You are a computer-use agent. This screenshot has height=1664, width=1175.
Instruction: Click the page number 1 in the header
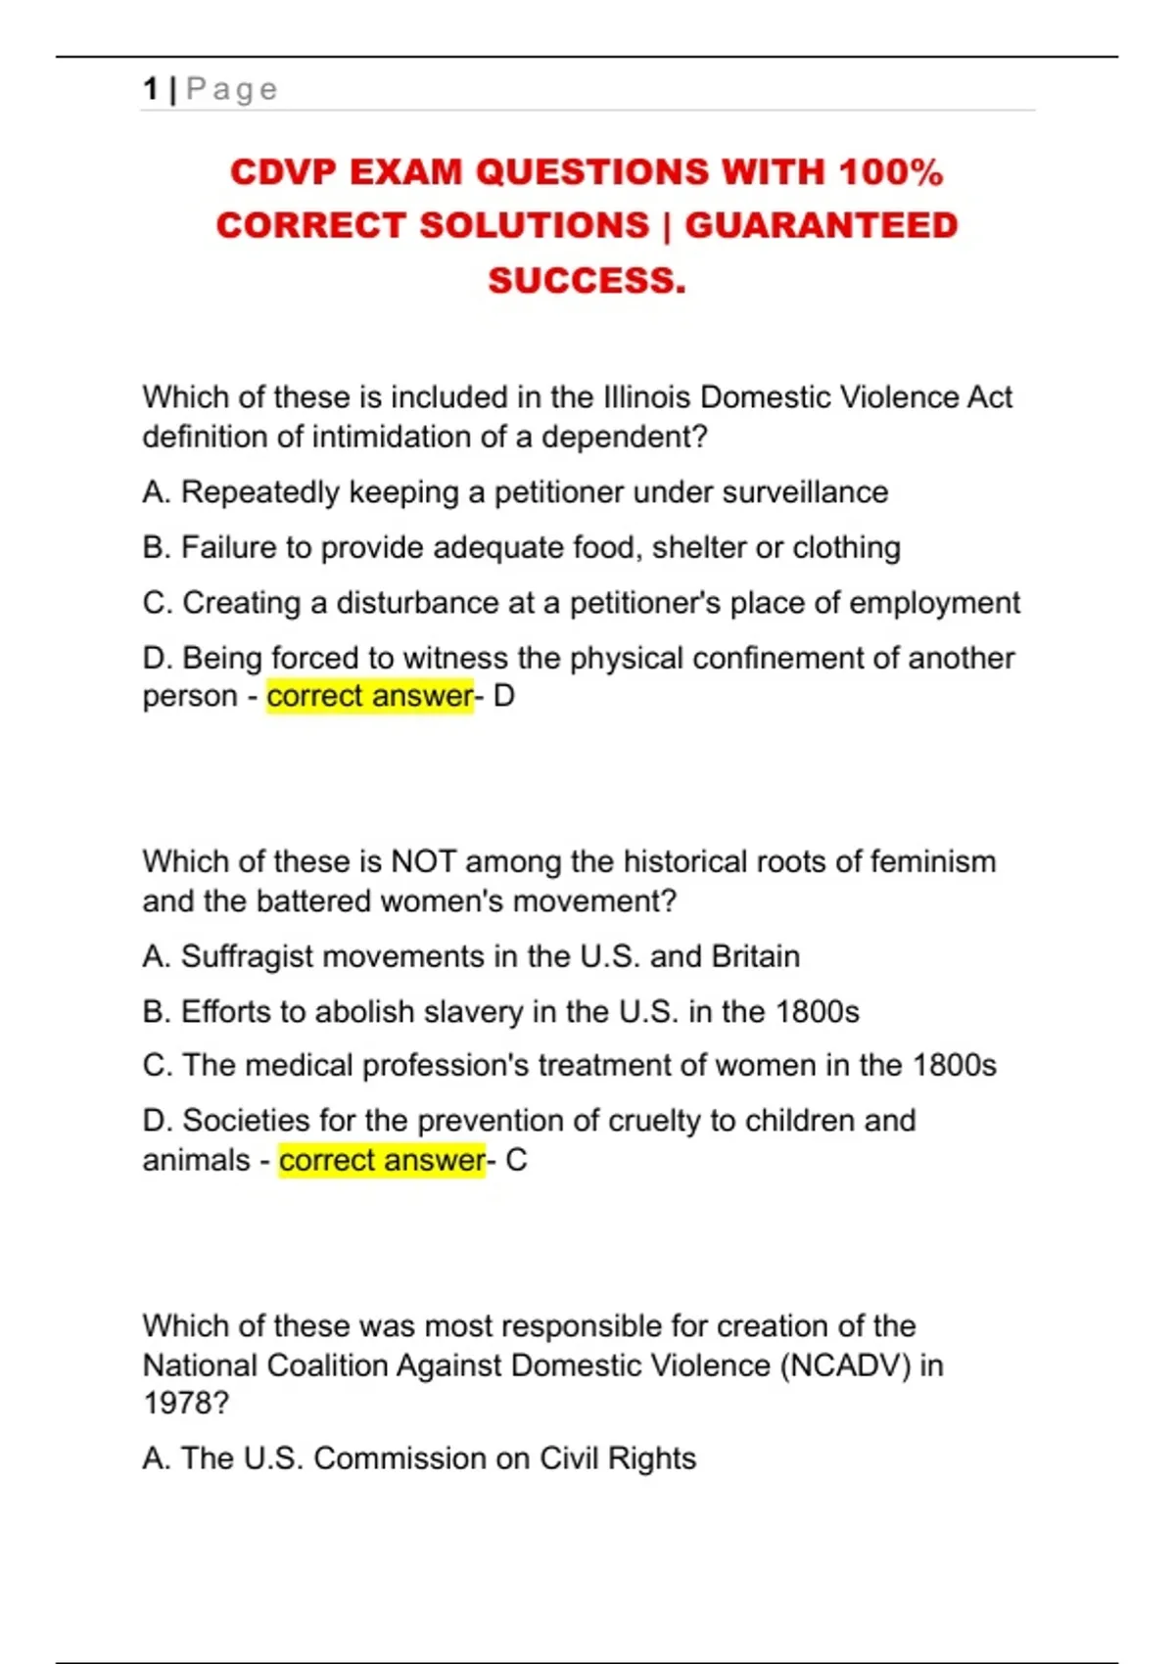click(150, 89)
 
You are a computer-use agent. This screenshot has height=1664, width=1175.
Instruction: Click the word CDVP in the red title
click(283, 172)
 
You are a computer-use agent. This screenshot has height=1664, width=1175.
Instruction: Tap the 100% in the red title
click(890, 172)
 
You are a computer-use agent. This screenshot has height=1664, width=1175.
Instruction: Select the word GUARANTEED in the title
click(821, 226)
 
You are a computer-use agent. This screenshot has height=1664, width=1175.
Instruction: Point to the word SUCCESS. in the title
click(587, 281)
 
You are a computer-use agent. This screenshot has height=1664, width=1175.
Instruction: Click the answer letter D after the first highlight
click(504, 696)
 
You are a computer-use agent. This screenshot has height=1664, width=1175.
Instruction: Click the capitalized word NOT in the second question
click(423, 861)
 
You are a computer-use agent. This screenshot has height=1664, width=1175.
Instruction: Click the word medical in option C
click(299, 1065)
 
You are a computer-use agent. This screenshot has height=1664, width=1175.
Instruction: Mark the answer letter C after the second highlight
click(516, 1160)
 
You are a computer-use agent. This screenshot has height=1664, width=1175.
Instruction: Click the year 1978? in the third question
click(186, 1403)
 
